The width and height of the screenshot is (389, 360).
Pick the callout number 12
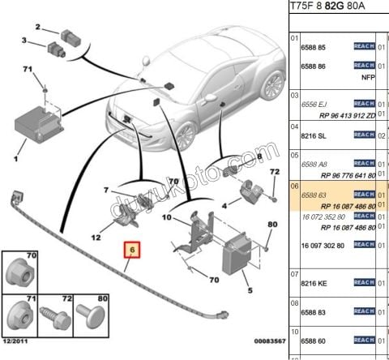click(96, 238)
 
